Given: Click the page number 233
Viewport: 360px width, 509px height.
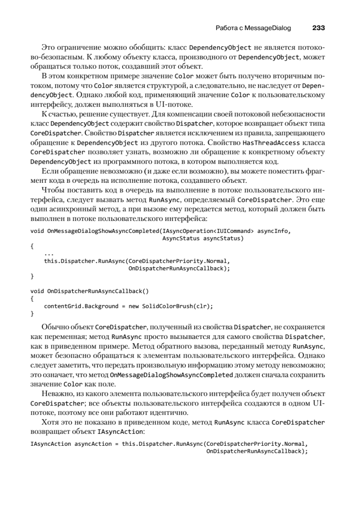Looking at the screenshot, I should click(x=318, y=28).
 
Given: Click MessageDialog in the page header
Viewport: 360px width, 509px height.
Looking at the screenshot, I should click(x=268, y=28).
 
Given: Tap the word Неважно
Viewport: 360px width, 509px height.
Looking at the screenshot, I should click(x=56, y=394).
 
